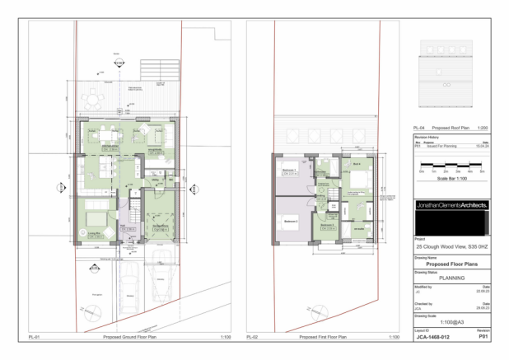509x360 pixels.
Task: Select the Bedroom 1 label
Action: (x=289, y=171)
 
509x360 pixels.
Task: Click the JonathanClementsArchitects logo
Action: (x=452, y=204)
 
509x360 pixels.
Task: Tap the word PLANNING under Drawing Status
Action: (x=452, y=278)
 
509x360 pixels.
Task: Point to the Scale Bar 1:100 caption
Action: (x=452, y=179)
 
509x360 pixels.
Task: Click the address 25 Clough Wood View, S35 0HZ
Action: (x=452, y=246)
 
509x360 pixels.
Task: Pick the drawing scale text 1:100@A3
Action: (x=452, y=321)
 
